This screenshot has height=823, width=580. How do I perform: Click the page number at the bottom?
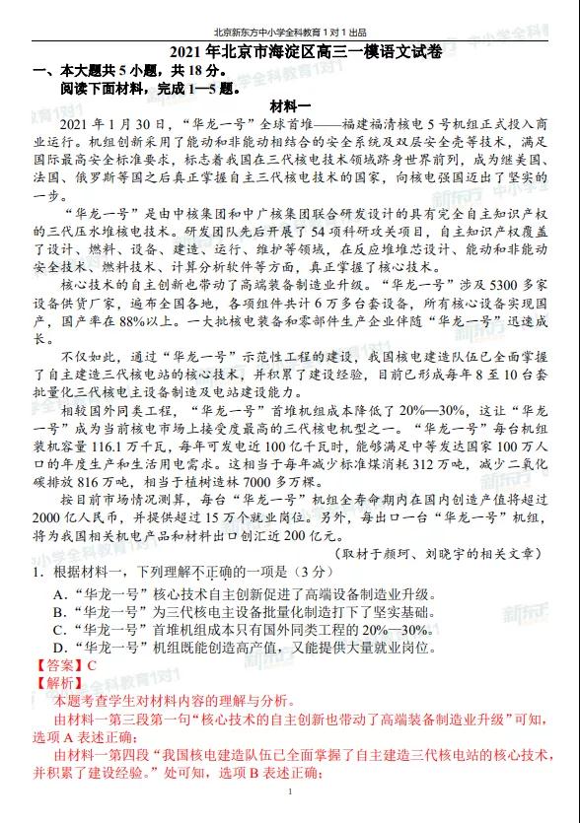coord(290,791)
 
